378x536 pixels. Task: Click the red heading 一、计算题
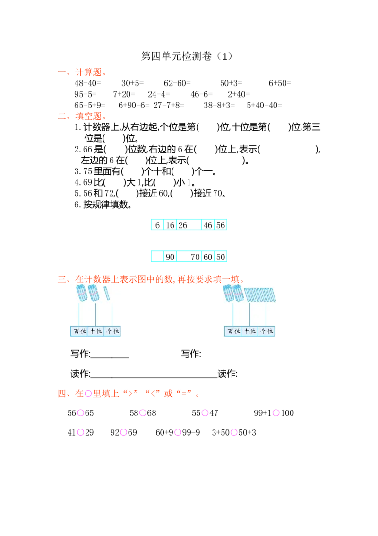click(x=81, y=72)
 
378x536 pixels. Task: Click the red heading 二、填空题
click(x=81, y=116)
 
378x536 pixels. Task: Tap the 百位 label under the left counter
click(x=80, y=331)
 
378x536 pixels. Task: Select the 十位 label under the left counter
click(x=96, y=331)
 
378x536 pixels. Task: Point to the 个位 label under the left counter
click(x=112, y=331)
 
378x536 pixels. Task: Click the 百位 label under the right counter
click(x=233, y=331)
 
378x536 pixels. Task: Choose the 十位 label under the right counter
click(x=249, y=331)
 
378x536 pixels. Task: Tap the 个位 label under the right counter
click(x=266, y=331)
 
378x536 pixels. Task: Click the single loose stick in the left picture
click(x=107, y=293)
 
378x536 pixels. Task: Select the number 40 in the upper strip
click(x=208, y=225)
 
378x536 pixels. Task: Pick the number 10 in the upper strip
click(x=170, y=225)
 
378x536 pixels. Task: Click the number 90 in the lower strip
click(x=170, y=258)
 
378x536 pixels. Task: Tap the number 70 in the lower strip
click(x=195, y=258)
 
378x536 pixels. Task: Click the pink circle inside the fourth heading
click(x=88, y=393)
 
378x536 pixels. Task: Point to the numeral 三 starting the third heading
click(x=62, y=279)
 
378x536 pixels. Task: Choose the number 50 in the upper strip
click(x=220, y=225)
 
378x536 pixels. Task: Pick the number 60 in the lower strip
click(x=207, y=258)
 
